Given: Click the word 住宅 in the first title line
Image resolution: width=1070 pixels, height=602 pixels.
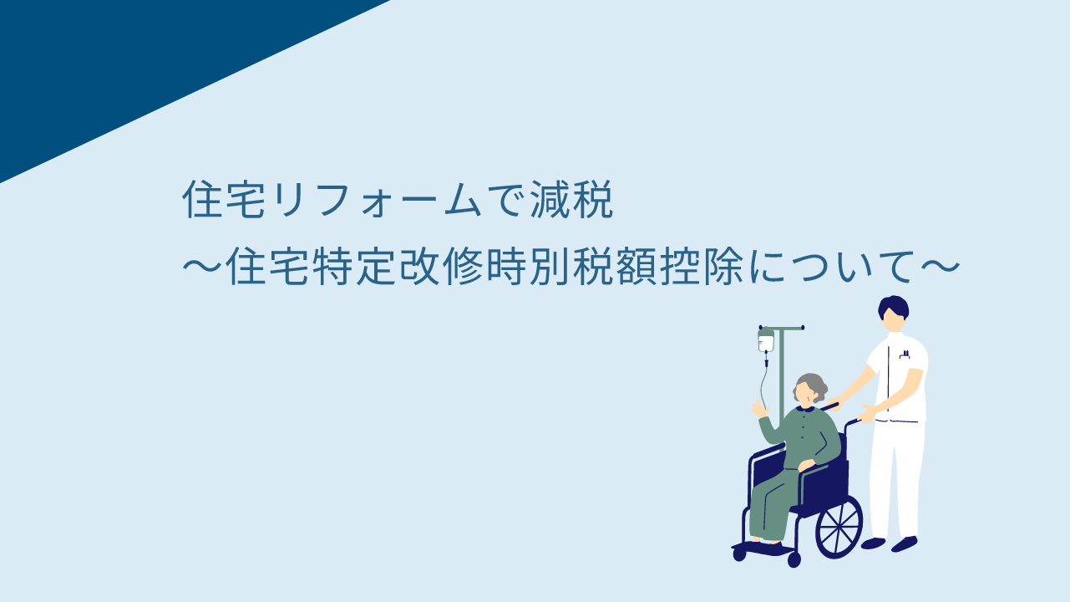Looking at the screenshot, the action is (x=224, y=199).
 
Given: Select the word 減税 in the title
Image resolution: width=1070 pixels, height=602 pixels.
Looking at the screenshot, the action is (x=571, y=199).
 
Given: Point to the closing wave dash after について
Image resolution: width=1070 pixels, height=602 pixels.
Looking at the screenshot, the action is (x=940, y=267).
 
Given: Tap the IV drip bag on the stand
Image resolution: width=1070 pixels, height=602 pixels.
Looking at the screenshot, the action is (x=766, y=340).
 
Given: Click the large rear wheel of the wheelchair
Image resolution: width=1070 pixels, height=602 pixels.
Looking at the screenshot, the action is (x=839, y=528).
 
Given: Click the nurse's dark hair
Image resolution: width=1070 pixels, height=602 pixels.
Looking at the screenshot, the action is (x=893, y=306).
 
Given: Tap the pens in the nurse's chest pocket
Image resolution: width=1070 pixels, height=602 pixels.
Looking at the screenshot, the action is (x=905, y=355).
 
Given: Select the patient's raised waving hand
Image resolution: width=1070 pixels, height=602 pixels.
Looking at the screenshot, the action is (x=759, y=409).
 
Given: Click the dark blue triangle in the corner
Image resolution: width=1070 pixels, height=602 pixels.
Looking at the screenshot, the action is (x=129, y=62).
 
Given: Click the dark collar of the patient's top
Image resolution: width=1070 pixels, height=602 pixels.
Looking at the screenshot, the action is (x=806, y=409).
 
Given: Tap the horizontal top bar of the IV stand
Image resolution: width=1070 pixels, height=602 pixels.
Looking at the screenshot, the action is (x=782, y=328).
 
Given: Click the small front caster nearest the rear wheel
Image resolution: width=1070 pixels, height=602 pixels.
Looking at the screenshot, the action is (x=794, y=560).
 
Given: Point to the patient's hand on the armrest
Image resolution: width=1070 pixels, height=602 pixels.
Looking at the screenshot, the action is (x=806, y=465).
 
